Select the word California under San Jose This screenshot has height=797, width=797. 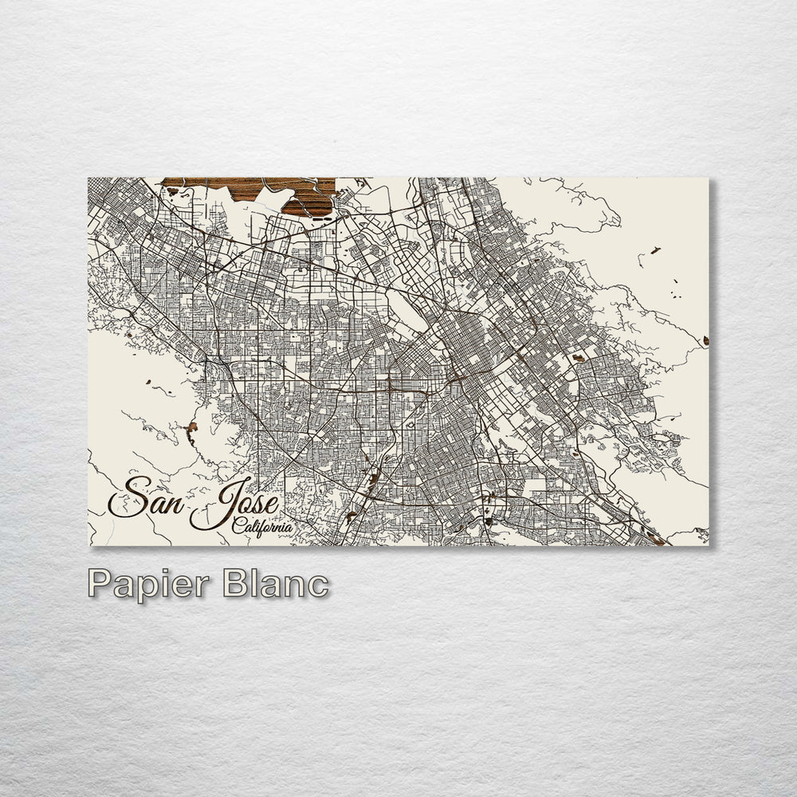(x=261, y=526)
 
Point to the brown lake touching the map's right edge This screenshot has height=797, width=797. (x=705, y=341)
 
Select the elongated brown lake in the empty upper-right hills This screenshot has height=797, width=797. (x=654, y=250)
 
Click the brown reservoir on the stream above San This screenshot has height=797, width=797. (x=191, y=431)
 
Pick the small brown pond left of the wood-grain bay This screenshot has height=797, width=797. (x=173, y=191)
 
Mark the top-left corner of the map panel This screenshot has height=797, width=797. (x=88, y=178)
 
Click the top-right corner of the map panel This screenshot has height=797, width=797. (x=709, y=178)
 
